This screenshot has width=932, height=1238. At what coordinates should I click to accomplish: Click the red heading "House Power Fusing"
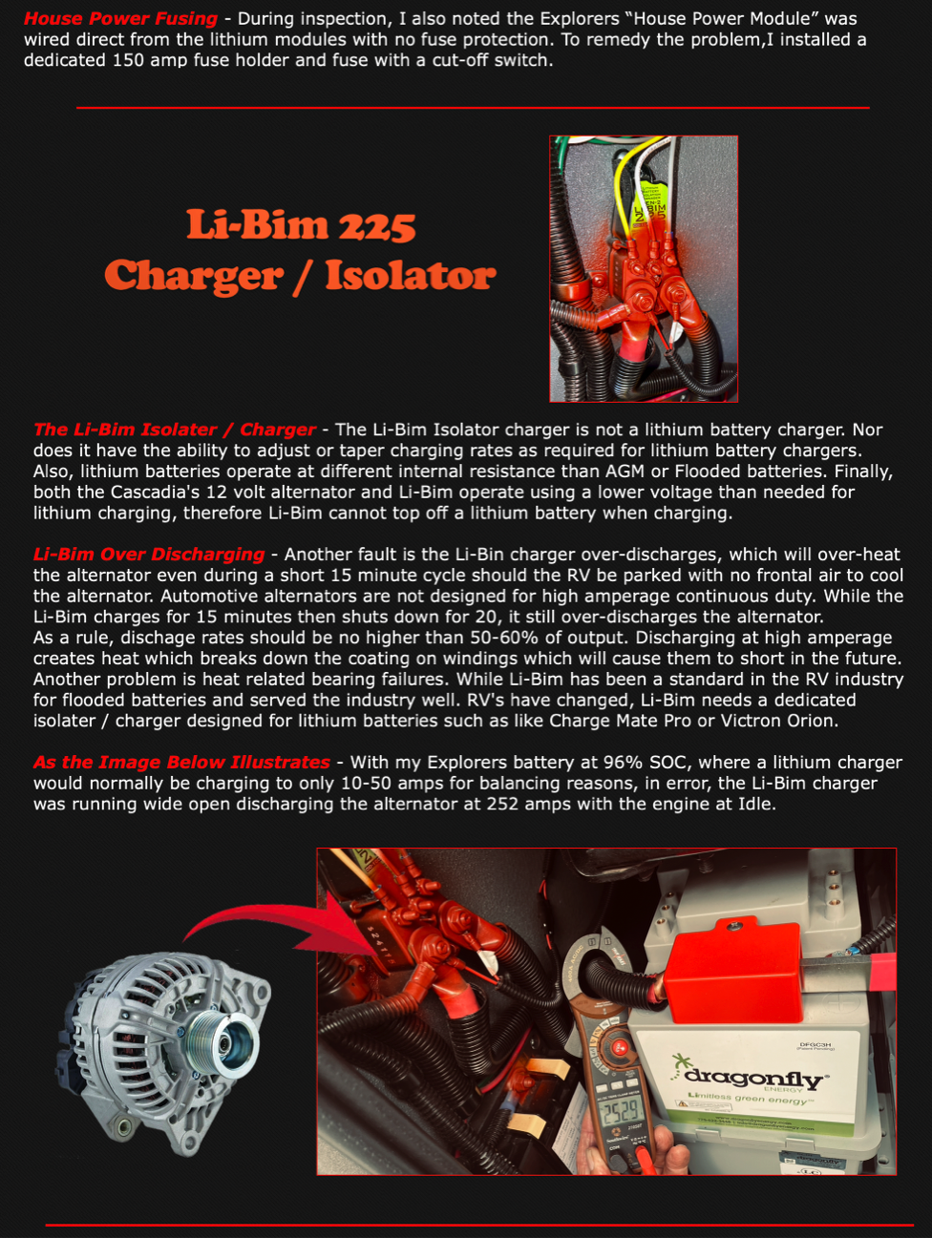coord(120,18)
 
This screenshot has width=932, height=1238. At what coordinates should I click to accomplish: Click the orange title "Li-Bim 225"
coord(301,225)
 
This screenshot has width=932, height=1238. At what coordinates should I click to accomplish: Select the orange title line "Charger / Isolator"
coord(300,277)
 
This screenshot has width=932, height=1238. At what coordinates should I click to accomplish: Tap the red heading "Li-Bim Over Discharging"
coord(149,555)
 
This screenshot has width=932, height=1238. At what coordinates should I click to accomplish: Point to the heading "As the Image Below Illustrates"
coord(181,762)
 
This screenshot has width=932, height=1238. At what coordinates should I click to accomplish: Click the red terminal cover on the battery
coord(734,970)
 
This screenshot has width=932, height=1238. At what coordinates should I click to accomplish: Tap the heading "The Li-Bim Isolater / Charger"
coord(175,430)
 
